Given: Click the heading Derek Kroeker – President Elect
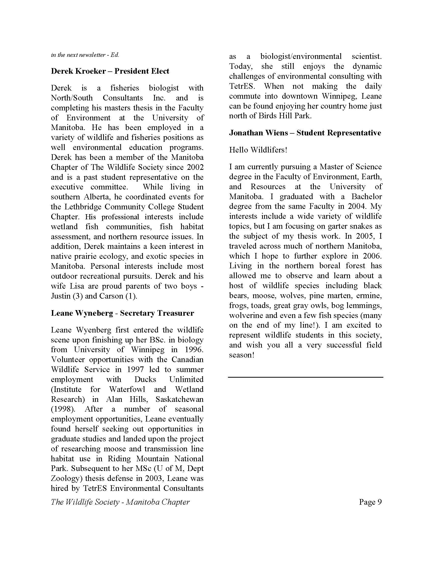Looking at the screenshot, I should (x=110, y=71).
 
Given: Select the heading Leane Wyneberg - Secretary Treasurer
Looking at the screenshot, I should (x=122, y=313).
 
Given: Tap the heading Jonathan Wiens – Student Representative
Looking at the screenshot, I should (x=305, y=133).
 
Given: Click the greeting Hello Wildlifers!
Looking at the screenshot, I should (x=258, y=150).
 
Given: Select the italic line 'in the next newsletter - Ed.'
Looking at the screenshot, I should (x=85, y=55).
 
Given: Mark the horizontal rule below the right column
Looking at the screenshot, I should (x=305, y=377).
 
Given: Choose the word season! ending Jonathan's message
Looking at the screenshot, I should (x=241, y=355).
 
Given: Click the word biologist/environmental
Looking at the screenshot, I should (x=301, y=56).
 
